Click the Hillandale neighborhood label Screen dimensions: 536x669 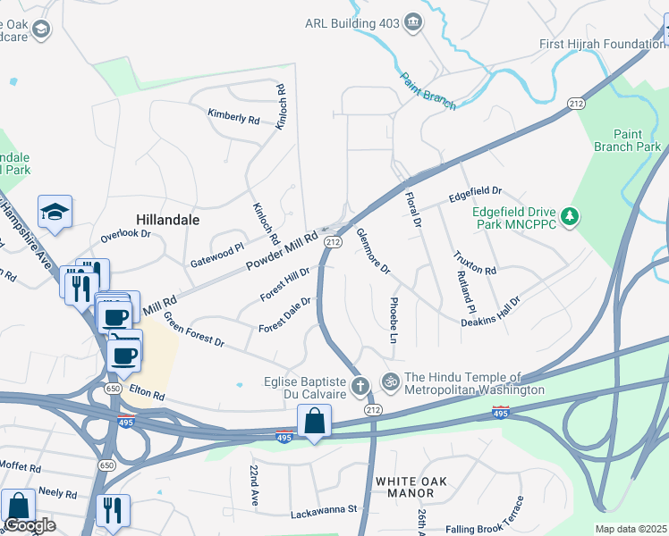(167, 219)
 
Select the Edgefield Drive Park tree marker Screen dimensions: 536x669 (570, 216)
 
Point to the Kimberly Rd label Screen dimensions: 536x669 (233, 116)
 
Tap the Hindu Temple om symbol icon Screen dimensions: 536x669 (391, 382)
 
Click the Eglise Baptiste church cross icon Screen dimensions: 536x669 (360, 387)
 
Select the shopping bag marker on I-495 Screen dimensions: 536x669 (315, 421)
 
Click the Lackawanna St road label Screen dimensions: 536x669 (324, 513)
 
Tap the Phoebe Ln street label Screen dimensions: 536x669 (393, 321)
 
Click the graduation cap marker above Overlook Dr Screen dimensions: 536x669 (55, 213)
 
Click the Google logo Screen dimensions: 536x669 (30, 525)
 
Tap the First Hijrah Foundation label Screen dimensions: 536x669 (599, 44)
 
